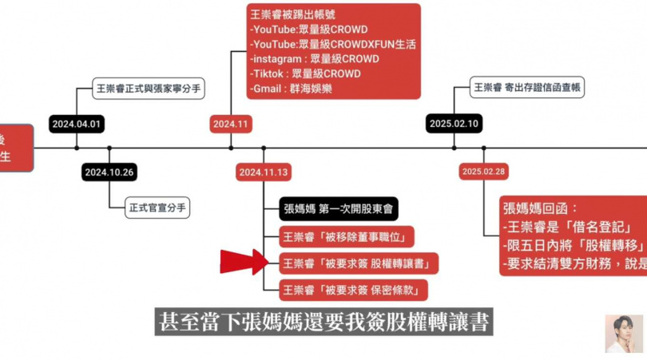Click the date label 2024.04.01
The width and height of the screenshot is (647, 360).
pos(77,125)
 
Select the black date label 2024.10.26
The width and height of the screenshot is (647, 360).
pos(109,172)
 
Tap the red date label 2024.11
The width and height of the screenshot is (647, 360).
pos(231,125)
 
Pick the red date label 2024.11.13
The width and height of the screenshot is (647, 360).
pos(264,172)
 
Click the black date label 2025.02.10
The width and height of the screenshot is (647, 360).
pos(453,125)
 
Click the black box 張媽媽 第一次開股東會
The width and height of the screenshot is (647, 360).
pos(339,210)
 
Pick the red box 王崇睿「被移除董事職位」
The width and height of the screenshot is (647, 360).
pos(347,237)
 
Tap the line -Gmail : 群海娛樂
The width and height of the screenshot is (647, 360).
pos(291,89)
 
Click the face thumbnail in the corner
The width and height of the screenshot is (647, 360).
pos(623,334)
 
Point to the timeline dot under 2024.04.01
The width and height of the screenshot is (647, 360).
pos(77,148)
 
